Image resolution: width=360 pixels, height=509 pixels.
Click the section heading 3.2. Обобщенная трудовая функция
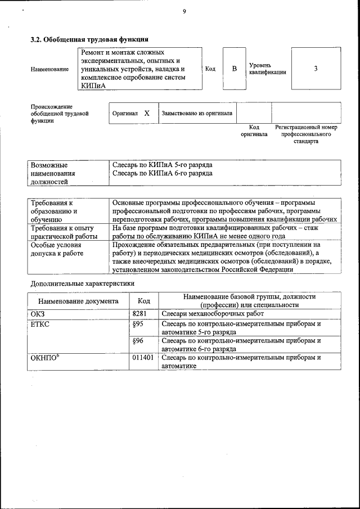click(x=89, y=39)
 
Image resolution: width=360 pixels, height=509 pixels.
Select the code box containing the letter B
click(x=235, y=69)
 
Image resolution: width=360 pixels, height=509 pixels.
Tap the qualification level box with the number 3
click(x=316, y=69)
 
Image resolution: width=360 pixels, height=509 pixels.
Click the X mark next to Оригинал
click(x=147, y=113)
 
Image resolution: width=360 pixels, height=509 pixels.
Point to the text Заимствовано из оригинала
click(x=197, y=113)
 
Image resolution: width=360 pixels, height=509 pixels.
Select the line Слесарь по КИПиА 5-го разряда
click(x=162, y=165)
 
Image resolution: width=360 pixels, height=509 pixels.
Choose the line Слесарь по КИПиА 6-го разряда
click(x=162, y=174)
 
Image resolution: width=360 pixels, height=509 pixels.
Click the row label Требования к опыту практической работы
click(x=62, y=232)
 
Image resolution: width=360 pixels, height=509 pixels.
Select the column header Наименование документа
click(x=78, y=301)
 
